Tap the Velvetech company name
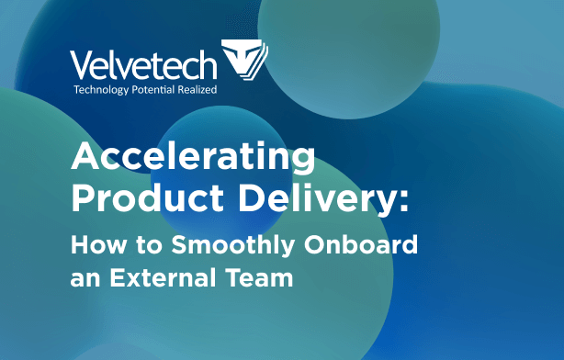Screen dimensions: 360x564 pyautogui.click(x=144, y=64)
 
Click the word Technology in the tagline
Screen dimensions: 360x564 pyautogui.click(x=104, y=91)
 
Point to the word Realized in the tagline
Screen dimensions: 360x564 pyautogui.click(x=209, y=91)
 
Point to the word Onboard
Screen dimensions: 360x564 pyautogui.click(x=366, y=245)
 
